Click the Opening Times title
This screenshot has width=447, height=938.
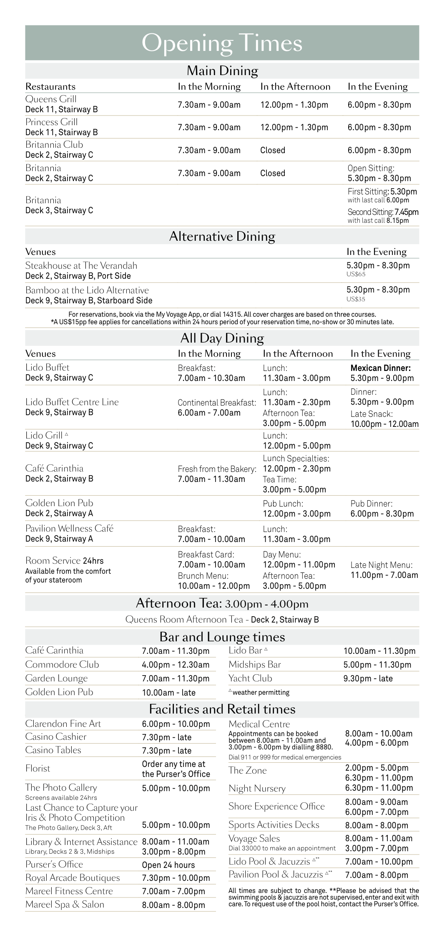tap(222, 43)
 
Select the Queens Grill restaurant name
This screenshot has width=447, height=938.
tap(51, 99)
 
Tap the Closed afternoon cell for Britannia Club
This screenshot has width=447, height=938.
tap(273, 150)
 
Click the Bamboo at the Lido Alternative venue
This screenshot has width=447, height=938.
tap(87, 290)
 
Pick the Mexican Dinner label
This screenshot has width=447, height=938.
tap(380, 368)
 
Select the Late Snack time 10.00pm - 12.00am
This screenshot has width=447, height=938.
tap(384, 424)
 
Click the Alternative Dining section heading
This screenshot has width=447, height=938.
tap(222, 237)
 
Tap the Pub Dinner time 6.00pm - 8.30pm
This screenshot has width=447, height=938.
tap(382, 514)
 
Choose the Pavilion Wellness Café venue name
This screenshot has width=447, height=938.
tap(69, 528)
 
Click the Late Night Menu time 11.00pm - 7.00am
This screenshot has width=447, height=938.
tap(384, 575)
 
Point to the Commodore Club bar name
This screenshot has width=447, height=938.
tap(62, 664)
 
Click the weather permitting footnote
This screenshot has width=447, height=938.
tap(261, 692)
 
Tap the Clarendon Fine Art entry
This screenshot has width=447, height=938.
tap(63, 724)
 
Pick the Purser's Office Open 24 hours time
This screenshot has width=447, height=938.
tap(168, 865)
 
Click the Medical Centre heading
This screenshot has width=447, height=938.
tap(259, 724)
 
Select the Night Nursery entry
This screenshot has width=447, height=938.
tap(257, 788)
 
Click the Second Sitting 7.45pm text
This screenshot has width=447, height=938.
tap(383, 212)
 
